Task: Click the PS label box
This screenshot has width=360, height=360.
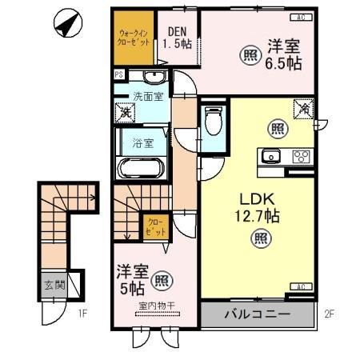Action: click(x=118, y=76)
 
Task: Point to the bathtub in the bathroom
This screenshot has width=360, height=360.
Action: click(x=142, y=170)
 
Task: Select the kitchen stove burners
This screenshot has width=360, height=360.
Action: click(x=301, y=157)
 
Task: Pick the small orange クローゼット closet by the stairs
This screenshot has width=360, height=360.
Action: click(x=155, y=226)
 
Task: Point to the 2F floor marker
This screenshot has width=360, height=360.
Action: click(x=328, y=314)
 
